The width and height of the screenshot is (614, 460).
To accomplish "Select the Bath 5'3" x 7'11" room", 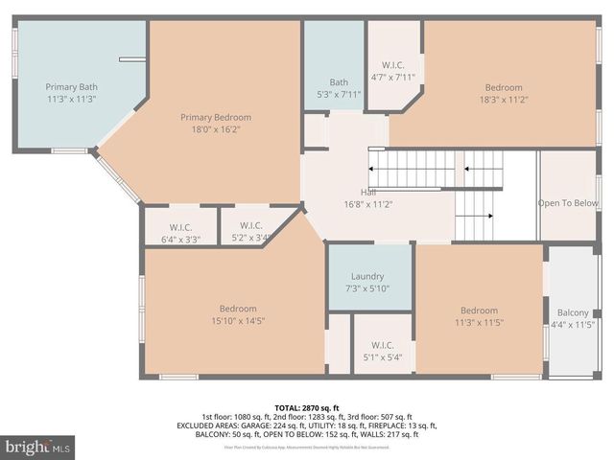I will tap(339, 87).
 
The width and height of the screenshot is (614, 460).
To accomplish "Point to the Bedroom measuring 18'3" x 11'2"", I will tap(503, 93).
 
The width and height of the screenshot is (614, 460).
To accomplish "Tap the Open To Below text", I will tap(568, 203).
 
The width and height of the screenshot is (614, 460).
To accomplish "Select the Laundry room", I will tap(367, 282).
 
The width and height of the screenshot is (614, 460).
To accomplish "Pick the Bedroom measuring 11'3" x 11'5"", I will tap(479, 316).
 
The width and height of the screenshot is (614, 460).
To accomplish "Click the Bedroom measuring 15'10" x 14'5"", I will tap(237, 314).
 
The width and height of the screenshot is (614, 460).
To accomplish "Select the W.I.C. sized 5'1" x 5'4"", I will tap(383, 352).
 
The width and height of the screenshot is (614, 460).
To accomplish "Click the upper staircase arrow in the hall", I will tap(413, 169).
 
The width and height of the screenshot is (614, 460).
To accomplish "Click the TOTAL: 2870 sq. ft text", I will tap(307, 407).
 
